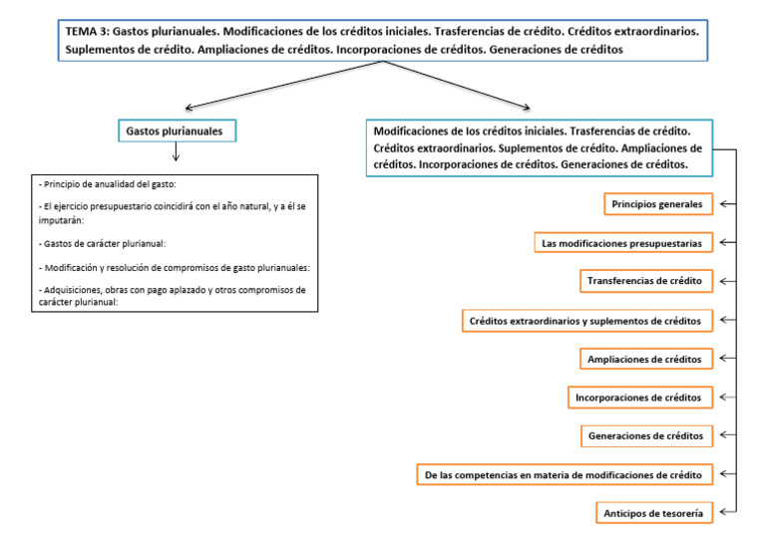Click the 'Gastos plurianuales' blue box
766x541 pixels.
point(175,131)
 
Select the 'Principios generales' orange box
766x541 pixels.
point(658,204)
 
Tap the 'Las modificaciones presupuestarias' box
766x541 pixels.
point(623,243)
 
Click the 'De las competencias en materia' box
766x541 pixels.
point(565,475)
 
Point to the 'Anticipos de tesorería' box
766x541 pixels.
point(654,513)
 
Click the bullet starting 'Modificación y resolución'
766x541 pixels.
point(173,267)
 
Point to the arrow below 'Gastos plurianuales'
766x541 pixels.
point(176,152)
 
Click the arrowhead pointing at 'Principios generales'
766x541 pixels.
point(723,204)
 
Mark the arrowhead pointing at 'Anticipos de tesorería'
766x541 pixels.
point(723,513)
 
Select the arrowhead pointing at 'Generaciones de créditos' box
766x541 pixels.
point(723,435)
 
